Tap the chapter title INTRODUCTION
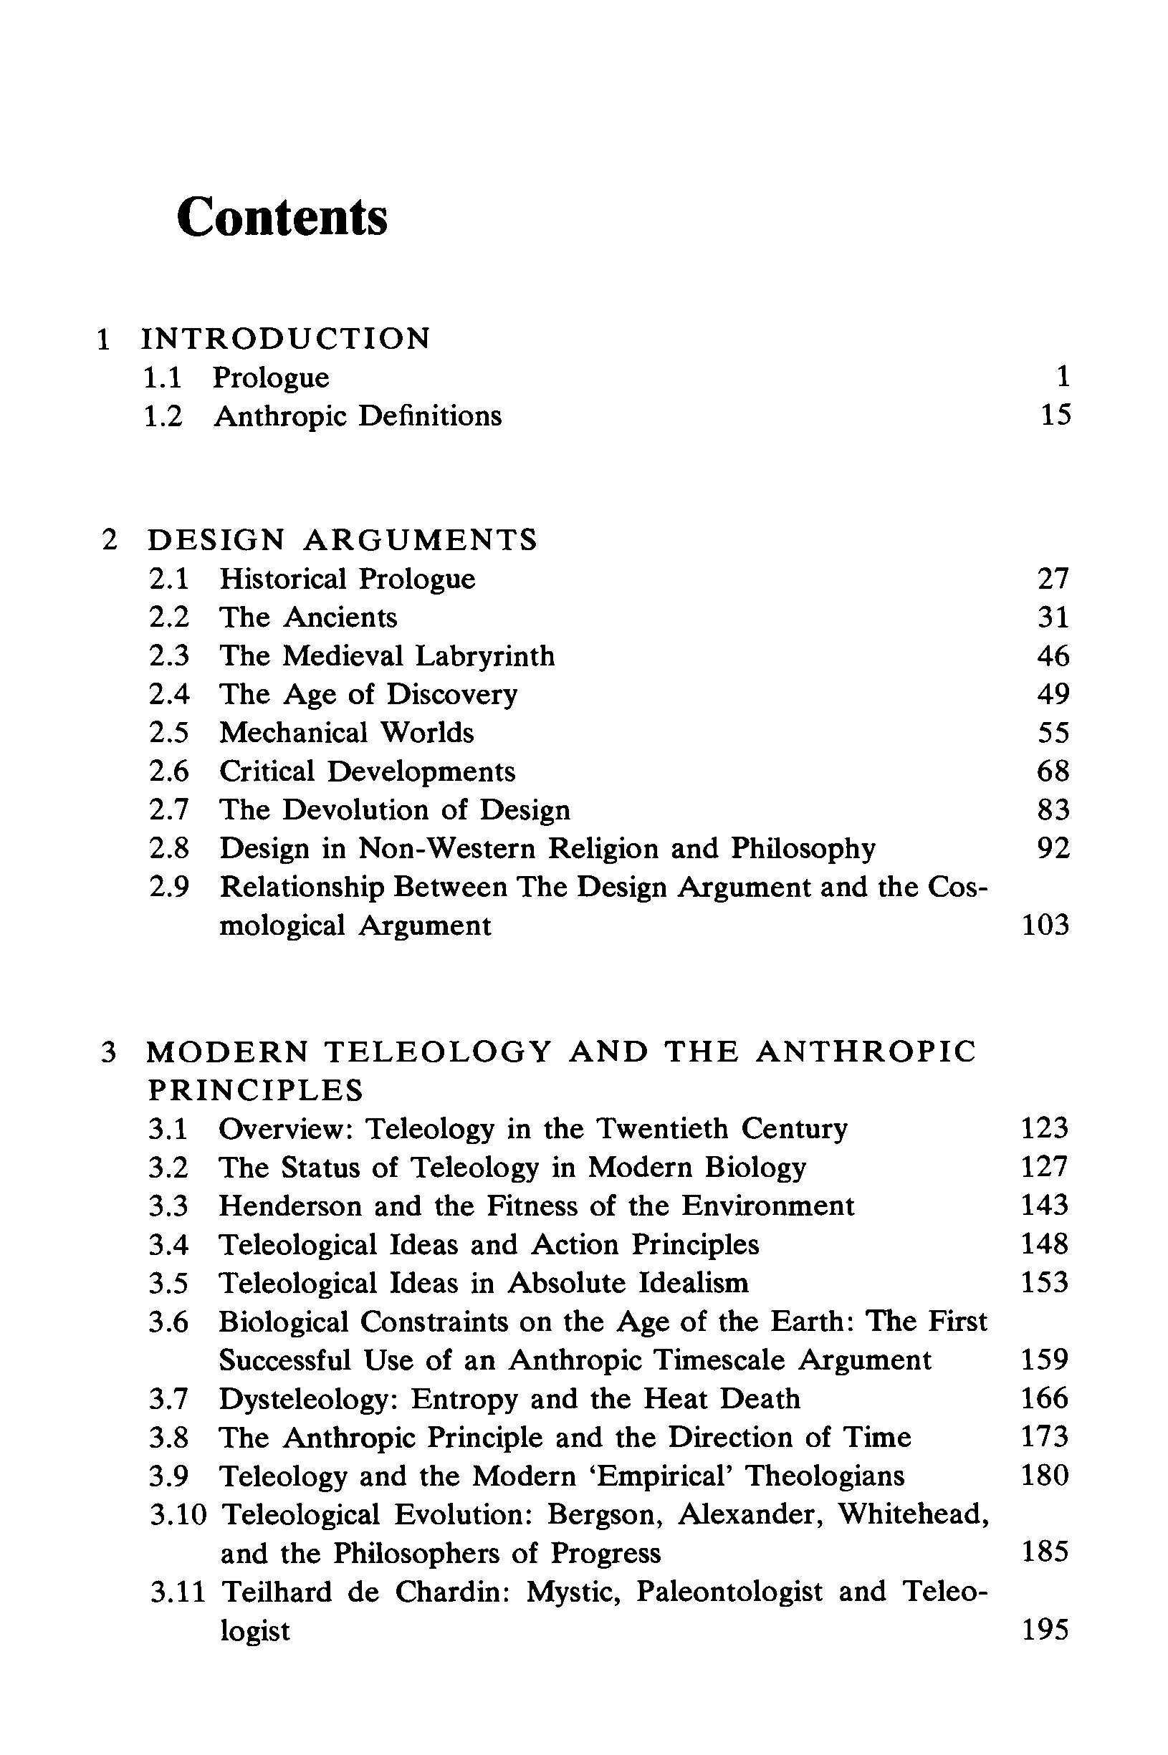[x=286, y=339]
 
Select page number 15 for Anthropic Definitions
[x=1055, y=415]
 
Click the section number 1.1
[x=163, y=378]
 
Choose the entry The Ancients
[x=307, y=617]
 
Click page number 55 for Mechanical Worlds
[x=1053, y=733]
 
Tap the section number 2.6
[x=169, y=771]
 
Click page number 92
[x=1053, y=848]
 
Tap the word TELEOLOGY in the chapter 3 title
[x=439, y=1052]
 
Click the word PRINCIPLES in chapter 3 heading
[x=256, y=1091]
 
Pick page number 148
[x=1044, y=1244]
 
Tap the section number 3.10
[x=177, y=1514]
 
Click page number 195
[x=1044, y=1630]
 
